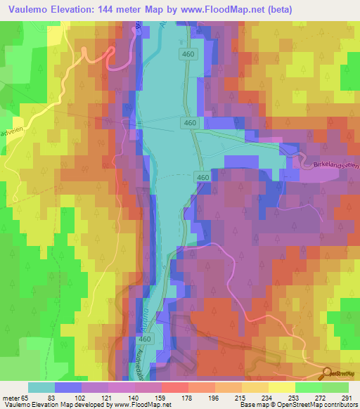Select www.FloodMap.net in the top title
212,9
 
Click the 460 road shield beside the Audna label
144,339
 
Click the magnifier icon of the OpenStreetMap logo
328,373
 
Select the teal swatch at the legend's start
41,387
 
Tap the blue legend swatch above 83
68,387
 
